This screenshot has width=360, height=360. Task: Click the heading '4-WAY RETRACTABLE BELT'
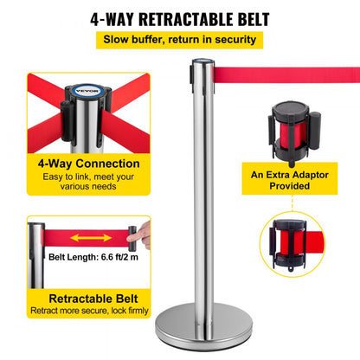pos(179,18)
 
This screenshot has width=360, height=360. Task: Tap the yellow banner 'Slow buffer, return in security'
pos(179,39)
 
